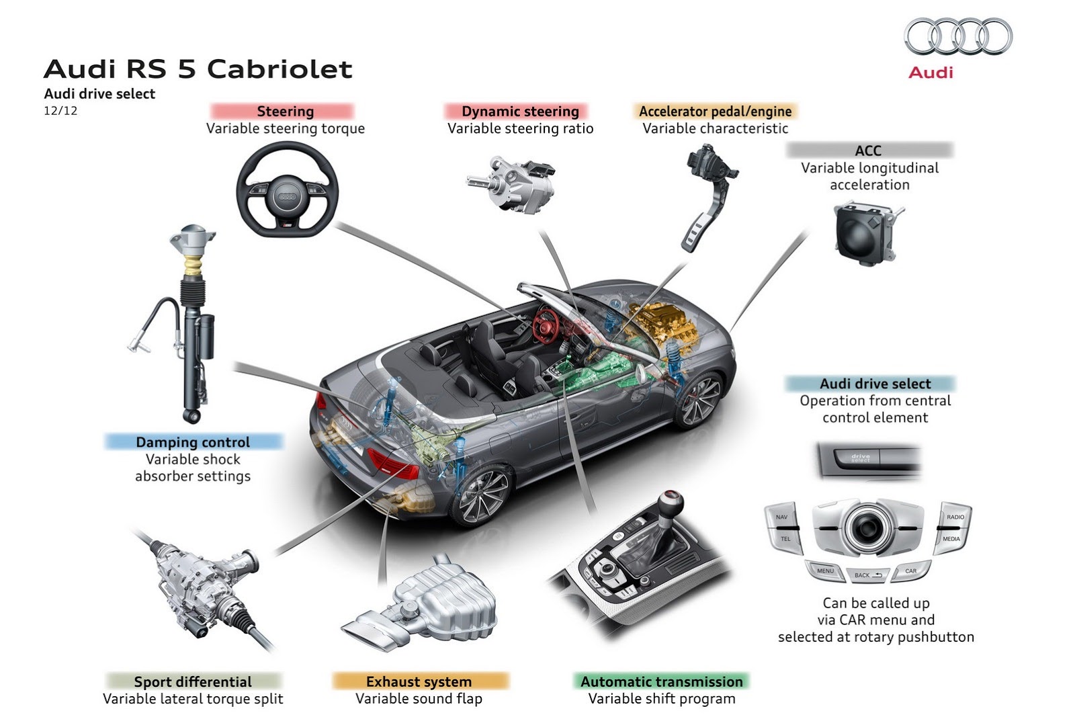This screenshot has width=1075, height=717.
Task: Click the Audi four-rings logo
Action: (958, 36)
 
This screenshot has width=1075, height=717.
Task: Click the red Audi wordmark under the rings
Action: (931, 73)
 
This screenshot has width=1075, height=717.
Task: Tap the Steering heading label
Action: (285, 112)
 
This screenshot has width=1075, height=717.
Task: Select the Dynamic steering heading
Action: (520, 112)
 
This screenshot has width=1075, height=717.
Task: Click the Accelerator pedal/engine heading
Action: (715, 112)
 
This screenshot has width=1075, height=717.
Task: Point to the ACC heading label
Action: (868, 151)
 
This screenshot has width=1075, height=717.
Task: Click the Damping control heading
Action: (193, 442)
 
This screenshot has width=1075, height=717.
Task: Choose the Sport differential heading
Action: (193, 681)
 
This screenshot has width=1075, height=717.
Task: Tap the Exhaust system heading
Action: (419, 681)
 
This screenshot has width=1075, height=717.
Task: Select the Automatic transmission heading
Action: (661, 681)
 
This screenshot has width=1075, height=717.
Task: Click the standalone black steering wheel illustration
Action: (287, 191)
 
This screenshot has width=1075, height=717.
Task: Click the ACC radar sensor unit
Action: (863, 233)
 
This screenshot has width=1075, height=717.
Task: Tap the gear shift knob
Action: (670, 502)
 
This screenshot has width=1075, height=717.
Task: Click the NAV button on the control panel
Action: (781, 517)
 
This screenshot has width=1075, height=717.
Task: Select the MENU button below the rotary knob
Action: (825, 571)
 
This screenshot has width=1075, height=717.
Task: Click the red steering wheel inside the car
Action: (546, 323)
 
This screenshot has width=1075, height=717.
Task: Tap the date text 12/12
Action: (60, 111)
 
